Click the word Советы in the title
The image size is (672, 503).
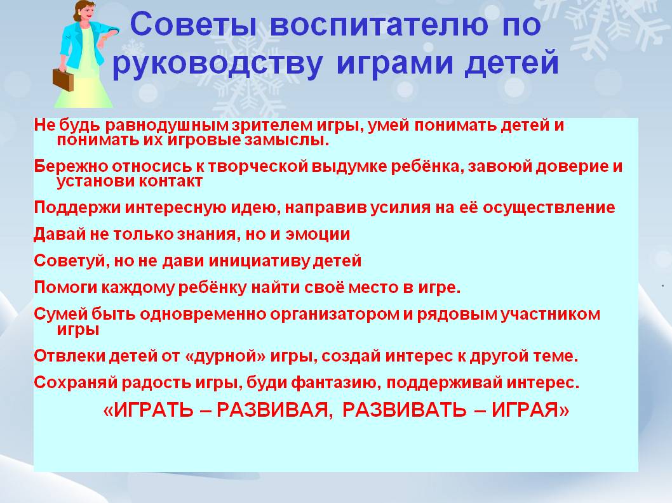193,24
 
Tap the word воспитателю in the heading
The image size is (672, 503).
379,24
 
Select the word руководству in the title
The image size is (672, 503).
217,64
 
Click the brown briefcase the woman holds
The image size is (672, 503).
63,80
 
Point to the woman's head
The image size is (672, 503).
84,11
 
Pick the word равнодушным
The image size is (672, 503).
168,125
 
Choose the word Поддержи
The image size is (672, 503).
77,207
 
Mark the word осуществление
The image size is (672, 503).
549,207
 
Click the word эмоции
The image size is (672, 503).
318,235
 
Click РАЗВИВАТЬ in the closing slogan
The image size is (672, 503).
404,410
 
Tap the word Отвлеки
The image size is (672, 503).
70,356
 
